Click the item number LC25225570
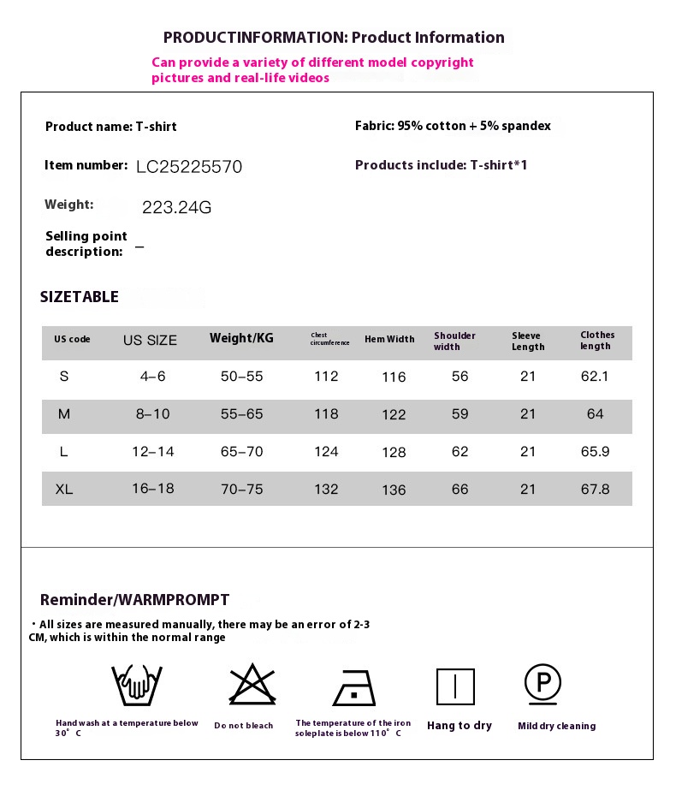pos(189,166)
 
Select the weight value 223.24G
pos(176,207)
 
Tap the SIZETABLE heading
pos(80,297)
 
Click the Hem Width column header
pos(389,339)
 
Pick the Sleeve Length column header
pos(528,342)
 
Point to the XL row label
pos(64,490)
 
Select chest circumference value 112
pos(326,377)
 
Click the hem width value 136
pos(394,490)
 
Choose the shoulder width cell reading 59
pos(460,414)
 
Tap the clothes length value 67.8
pos(595,490)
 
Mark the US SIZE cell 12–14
pos(153,452)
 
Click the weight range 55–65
pos(241,414)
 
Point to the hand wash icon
pos(137,685)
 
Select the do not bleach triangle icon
pos(251,685)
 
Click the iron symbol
pos(354,687)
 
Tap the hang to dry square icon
pos(455,686)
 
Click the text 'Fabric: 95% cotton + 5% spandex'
pos(453,127)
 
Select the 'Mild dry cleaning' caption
pos(556,726)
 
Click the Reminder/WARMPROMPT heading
pos(134,600)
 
